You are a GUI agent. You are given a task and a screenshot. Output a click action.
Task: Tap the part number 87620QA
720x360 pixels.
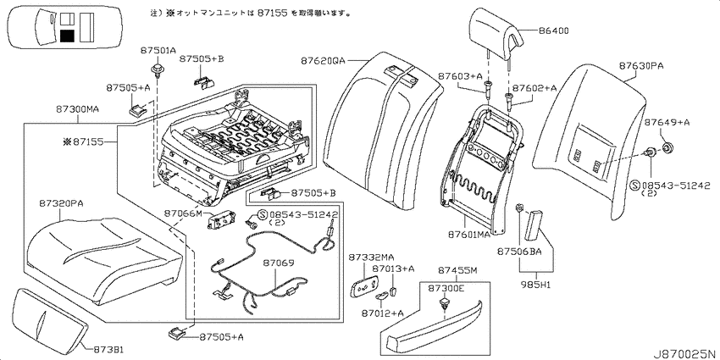pos(323,61)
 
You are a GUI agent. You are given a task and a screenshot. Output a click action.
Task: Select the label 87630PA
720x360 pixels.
pos(640,66)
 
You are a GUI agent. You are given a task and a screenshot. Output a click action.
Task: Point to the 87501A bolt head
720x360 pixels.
pos(158,69)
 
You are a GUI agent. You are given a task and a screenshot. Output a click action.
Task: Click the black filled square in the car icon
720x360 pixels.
pos(67,36)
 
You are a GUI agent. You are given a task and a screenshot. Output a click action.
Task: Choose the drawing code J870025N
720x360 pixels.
pos(686,354)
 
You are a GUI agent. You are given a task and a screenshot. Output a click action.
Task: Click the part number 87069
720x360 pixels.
pos(279,263)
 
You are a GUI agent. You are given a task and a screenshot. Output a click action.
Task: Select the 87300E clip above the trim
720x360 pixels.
pos(443,302)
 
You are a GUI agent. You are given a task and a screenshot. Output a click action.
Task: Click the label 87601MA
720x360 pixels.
pos(468,235)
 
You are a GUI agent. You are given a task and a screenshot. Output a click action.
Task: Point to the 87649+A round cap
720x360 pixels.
pos(667,148)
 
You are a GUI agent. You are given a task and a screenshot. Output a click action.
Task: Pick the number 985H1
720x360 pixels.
pos(536,285)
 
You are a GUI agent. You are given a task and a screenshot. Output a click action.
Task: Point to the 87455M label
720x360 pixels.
pos(457,271)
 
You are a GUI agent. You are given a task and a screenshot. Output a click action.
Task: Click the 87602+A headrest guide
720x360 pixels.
pos(509,99)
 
